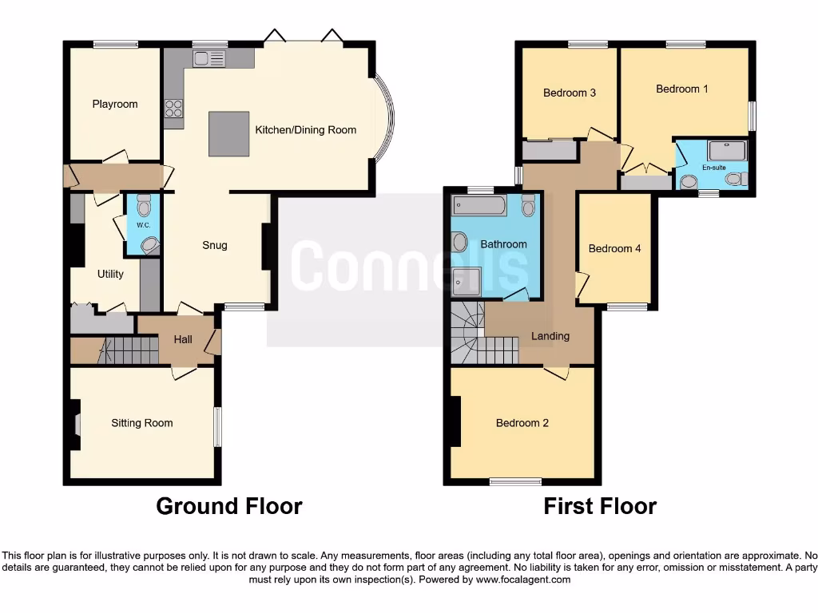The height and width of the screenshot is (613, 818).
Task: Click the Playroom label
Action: click(x=114, y=104)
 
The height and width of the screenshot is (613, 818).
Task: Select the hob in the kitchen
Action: click(x=173, y=108)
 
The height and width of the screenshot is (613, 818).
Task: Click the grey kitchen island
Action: click(x=228, y=133)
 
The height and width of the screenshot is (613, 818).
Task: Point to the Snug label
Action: click(x=214, y=245)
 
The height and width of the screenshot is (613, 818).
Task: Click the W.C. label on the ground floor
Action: click(x=144, y=225)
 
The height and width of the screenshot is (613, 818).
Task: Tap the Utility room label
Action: click(x=110, y=274)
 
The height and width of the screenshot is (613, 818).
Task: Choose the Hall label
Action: click(x=183, y=339)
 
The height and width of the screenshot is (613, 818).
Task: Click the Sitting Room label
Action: click(x=141, y=423)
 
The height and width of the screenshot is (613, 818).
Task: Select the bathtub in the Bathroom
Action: click(x=478, y=207)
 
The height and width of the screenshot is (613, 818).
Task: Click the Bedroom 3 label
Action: click(x=569, y=93)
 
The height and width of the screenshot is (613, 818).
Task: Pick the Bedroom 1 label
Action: click(x=681, y=89)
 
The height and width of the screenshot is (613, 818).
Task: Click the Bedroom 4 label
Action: click(x=614, y=248)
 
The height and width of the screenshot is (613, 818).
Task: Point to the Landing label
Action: click(x=550, y=336)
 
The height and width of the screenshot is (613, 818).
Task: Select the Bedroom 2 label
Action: click(x=522, y=423)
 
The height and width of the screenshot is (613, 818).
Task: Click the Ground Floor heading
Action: click(x=228, y=506)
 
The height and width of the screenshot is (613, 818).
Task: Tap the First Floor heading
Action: click(x=600, y=506)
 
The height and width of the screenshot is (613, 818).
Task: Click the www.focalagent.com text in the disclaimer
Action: click(x=522, y=579)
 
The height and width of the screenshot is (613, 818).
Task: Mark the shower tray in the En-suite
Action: click(x=726, y=150)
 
